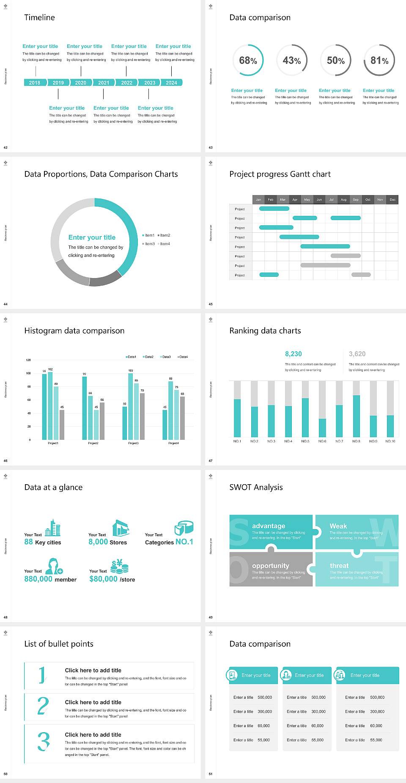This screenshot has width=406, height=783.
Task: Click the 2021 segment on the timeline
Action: pyautogui.click(x=104, y=83)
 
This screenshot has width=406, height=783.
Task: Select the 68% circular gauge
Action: pyautogui.click(x=248, y=60)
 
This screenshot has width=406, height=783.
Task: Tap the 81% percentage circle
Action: pyautogui.click(x=379, y=60)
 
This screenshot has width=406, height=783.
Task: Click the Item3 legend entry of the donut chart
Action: pyautogui.click(x=149, y=244)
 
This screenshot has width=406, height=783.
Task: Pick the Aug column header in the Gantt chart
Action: pyautogui.click(x=343, y=199)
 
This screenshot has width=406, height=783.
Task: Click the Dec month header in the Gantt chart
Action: pyautogui.click(x=392, y=199)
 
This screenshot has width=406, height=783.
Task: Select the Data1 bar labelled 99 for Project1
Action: pyautogui.click(x=44, y=406)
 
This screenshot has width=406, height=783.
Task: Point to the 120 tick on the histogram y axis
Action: pyautogui.click(x=28, y=360)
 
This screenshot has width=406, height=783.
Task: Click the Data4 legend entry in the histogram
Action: pyautogui.click(x=183, y=357)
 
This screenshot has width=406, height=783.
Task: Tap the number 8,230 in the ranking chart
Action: pyautogui.click(x=293, y=354)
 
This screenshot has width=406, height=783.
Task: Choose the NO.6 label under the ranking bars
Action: pyautogui.click(x=322, y=441)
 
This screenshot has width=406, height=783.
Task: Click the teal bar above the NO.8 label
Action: pyautogui.click(x=356, y=416)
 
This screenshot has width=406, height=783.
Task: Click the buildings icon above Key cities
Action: pyautogui.click(x=53, y=528)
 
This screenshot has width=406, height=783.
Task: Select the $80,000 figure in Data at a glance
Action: pyautogui.click(x=103, y=579)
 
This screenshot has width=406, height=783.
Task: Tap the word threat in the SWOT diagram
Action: pyautogui.click(x=339, y=565)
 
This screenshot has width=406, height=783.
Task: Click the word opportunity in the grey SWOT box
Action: pyautogui.click(x=271, y=565)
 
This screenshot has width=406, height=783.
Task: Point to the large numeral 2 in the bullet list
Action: pyautogui.click(x=43, y=706)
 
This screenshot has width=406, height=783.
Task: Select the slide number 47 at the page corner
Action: pyautogui.click(x=211, y=460)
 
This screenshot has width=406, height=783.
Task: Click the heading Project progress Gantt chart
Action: pyautogui.click(x=280, y=174)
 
